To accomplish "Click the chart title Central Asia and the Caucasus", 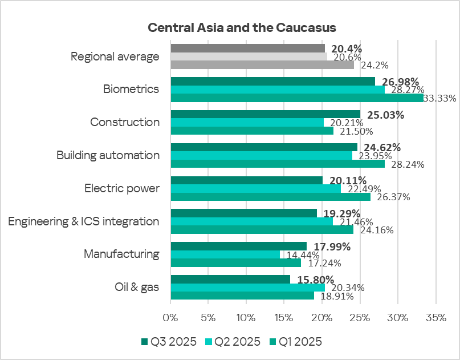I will pos(242,27).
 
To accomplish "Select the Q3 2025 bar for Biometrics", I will pos(272,81).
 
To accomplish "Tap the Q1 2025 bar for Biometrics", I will pos(296,98).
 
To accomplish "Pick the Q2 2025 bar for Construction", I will pos(247,122).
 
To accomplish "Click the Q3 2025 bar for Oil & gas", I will pos(230,279).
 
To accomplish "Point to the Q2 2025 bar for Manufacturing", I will pos(225,254).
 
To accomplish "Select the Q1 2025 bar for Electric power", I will pos(270,197).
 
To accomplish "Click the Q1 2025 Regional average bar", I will pos(262,64).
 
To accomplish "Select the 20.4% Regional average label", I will pos(346,48).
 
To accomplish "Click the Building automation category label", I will pos(108,155).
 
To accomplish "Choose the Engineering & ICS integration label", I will pos(83,221).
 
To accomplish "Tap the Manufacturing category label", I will pos(121,254).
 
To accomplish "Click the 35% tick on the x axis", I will pos(435,317).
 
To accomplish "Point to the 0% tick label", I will pos(170,317).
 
